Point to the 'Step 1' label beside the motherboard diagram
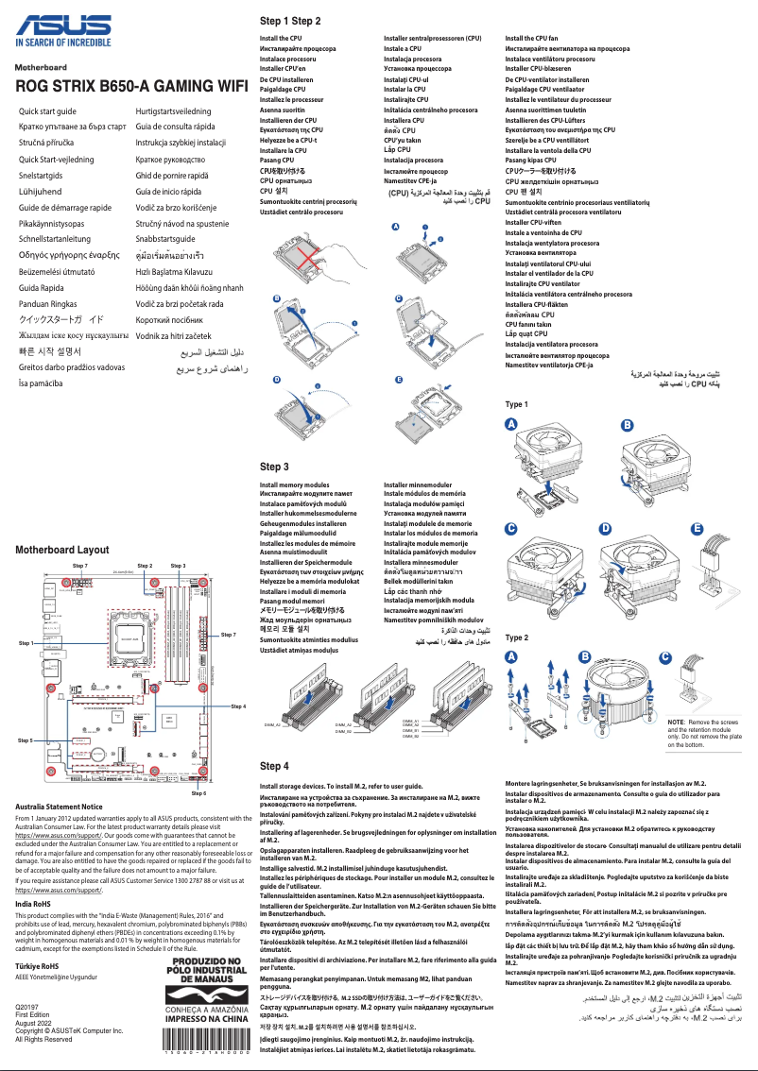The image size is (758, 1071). pos(26,642)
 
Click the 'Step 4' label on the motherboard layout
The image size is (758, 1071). pos(238,706)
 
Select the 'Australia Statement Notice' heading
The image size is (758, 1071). pos(73,807)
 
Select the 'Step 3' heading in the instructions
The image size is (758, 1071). pos(274,467)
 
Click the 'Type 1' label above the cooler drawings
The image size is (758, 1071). pos(516,404)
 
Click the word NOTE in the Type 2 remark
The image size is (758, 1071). pos(676,722)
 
